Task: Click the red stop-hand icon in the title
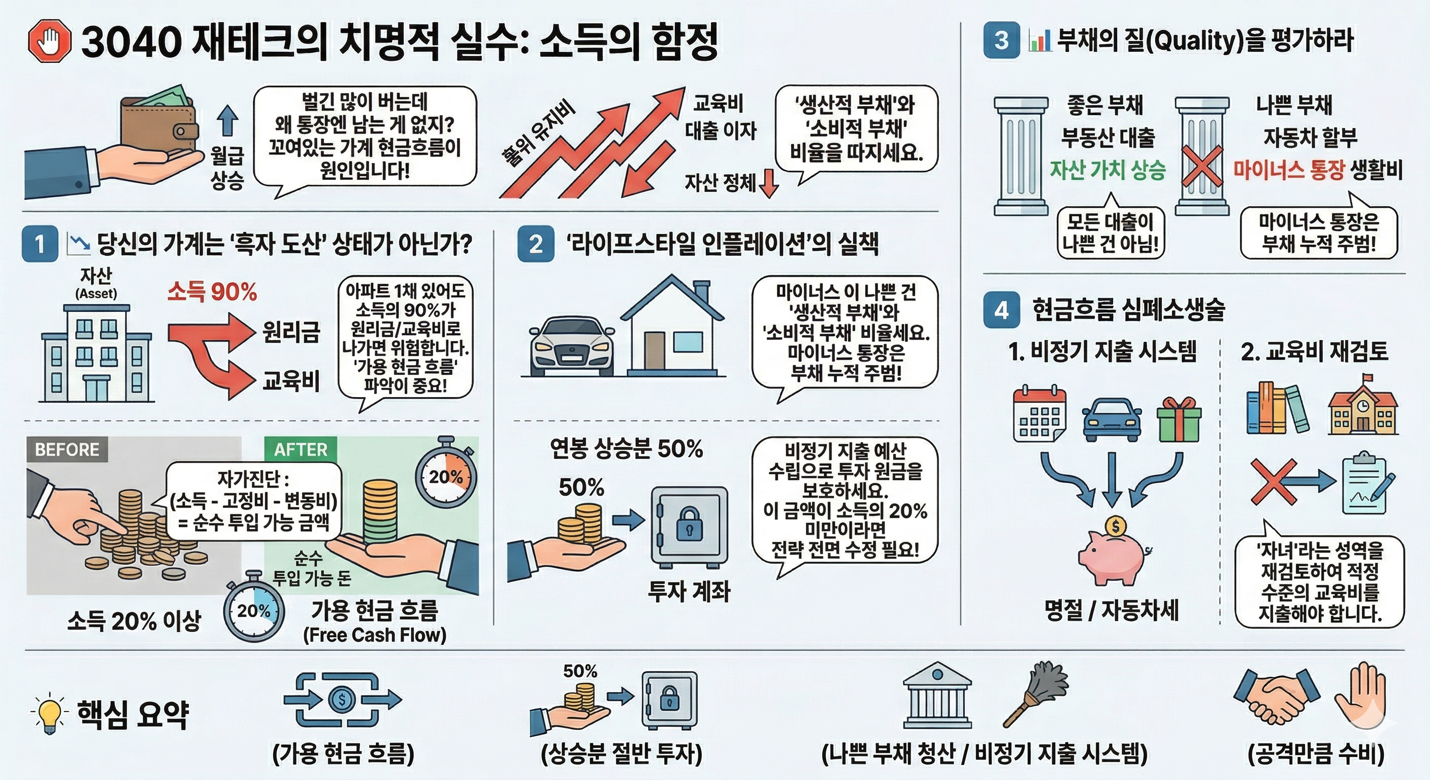tap(49, 42)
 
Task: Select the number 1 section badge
tap(40, 244)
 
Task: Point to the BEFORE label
tap(67, 449)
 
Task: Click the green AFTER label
tap(300, 449)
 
